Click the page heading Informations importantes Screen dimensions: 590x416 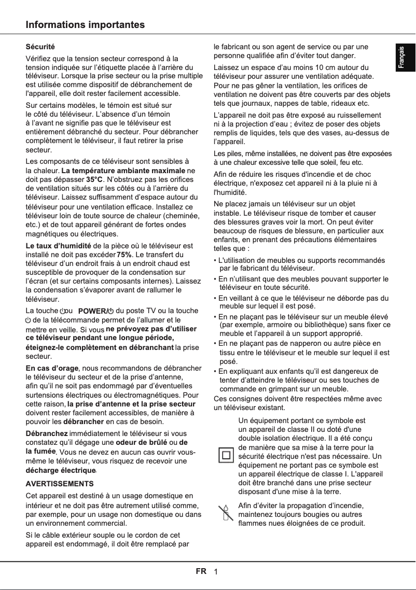tap(86, 25)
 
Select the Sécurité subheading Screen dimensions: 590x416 tap(40, 47)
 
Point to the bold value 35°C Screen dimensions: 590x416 tap(94, 179)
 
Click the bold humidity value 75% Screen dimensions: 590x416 tap(124, 255)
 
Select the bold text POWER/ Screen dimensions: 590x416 tap(92, 311)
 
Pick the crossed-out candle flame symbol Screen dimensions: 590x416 tap(225, 513)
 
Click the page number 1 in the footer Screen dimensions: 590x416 tap(215, 572)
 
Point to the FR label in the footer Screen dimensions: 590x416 tap(201, 571)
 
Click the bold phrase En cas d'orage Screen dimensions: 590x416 tap(52, 368)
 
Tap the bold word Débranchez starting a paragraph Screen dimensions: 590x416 tap(47, 433)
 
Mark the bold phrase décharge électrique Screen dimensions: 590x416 tap(61, 470)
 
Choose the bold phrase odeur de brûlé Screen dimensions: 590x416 tap(141, 442)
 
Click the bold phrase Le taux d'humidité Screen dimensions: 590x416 tap(59, 245)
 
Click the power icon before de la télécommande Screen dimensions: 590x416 tap(29, 320)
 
